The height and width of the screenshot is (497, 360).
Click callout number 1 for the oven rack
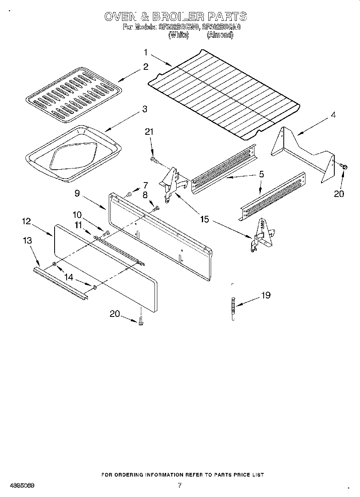(x=146, y=52)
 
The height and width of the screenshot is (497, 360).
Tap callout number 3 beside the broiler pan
(x=144, y=109)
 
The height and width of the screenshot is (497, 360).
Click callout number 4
(x=333, y=115)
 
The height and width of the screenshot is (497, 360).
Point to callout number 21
(x=149, y=132)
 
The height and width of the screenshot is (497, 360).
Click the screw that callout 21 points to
(x=153, y=160)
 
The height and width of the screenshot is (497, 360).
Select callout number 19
(x=266, y=296)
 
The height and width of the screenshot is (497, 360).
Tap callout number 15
(x=205, y=219)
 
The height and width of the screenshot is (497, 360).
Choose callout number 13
(x=28, y=241)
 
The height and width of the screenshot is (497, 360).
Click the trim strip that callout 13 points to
(x=60, y=283)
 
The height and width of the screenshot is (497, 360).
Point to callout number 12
(x=26, y=221)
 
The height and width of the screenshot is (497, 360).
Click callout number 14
(x=69, y=277)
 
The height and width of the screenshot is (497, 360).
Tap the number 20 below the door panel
(x=115, y=314)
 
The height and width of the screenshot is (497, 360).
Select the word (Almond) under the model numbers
(x=220, y=35)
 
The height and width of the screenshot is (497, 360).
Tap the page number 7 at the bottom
(x=179, y=485)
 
